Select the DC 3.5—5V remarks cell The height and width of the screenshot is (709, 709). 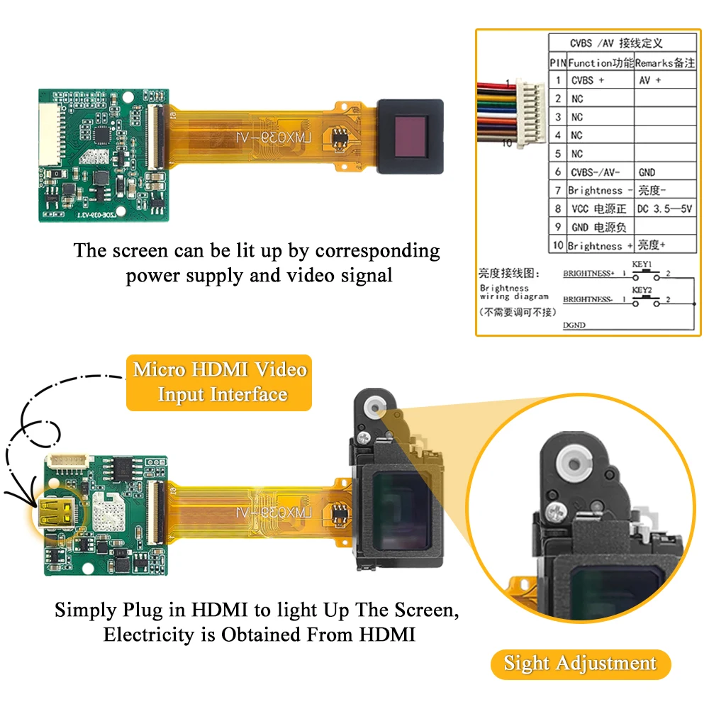coord(664,209)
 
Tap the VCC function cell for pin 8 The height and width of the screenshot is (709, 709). coord(599,209)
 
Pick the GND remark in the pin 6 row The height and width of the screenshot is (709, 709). coord(647,172)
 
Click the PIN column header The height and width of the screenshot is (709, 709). coord(557,62)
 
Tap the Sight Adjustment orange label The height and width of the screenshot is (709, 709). coord(580,664)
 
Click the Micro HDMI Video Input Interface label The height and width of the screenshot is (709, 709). coord(219,382)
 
